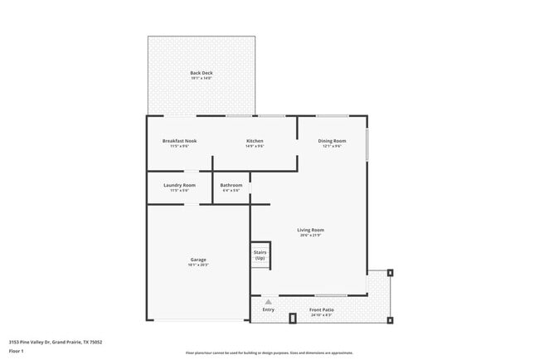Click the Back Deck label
click(201, 73)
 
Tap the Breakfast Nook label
click(179, 141)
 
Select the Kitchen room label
click(255, 141)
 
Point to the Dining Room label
click(332, 141)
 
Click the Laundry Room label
click(179, 185)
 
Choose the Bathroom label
click(231, 185)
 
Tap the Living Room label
click(311, 230)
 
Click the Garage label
click(197, 260)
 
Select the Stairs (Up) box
click(260, 256)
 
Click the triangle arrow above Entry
click(268, 303)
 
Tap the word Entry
click(268, 309)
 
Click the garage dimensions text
click(197, 265)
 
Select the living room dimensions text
click(311, 236)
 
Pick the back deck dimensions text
click(201, 79)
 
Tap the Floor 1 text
click(17, 351)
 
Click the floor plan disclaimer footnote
click(269, 352)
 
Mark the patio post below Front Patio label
click(292, 318)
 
